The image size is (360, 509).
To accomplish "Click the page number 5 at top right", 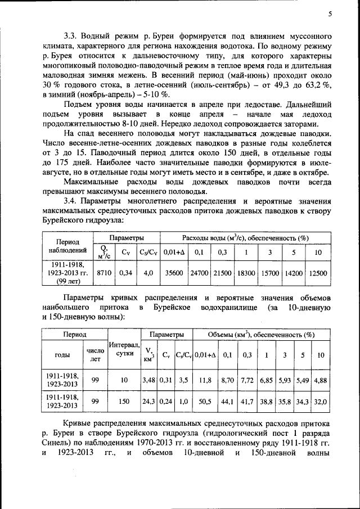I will coord(331,14).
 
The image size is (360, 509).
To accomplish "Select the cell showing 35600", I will coord(173,272).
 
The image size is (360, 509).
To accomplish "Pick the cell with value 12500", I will coord(318,272).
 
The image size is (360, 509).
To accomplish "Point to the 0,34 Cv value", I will coord(125,272).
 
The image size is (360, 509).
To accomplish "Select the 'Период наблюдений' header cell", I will coord(67,245).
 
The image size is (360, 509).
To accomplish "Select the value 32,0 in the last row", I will coord(320,401).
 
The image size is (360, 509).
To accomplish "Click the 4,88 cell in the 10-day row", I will coord(320,380).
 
